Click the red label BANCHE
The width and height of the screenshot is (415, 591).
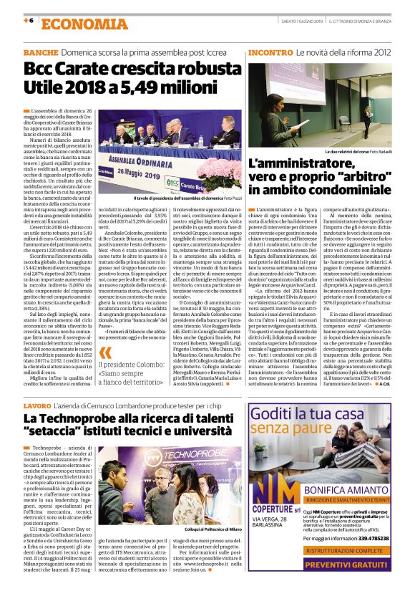40,54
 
